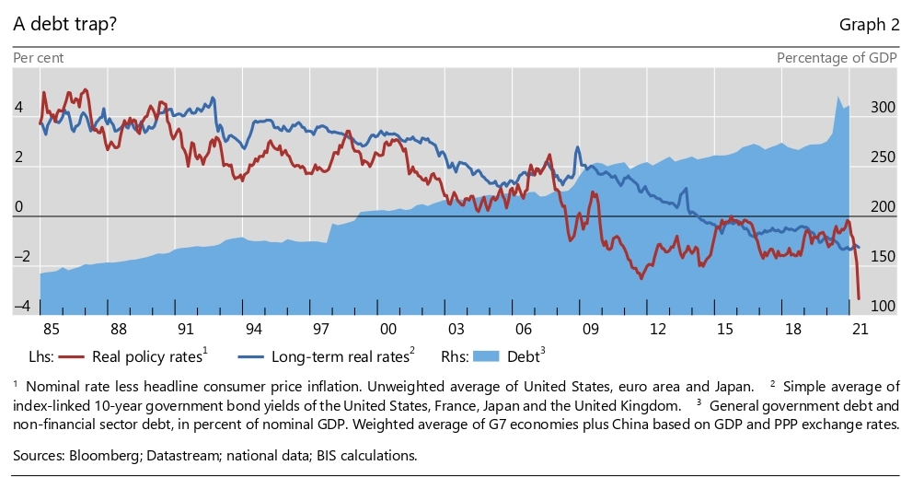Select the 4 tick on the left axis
coord(18,108)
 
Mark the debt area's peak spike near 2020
coord(838,98)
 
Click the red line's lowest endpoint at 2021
coord(859,298)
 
